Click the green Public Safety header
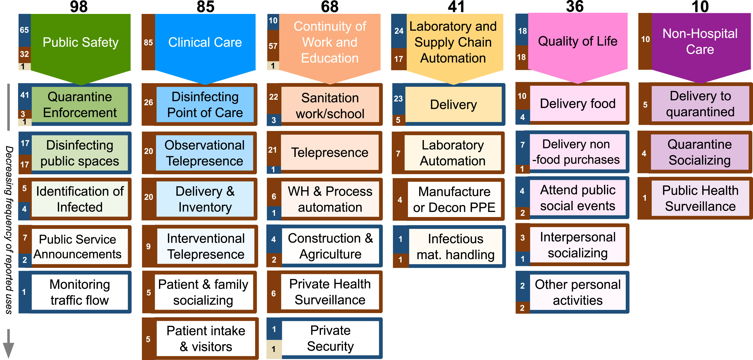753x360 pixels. click(x=80, y=43)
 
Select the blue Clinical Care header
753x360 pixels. click(x=205, y=43)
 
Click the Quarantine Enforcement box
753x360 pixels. click(x=80, y=105)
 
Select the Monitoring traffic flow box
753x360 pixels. click(x=80, y=292)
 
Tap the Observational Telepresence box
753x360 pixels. click(x=204, y=153)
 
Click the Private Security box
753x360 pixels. click(x=330, y=338)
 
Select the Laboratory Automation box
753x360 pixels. click(x=453, y=153)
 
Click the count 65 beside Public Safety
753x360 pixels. click(x=24, y=30)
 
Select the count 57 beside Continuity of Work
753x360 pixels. click(x=273, y=46)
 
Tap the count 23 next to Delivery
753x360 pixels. click(x=398, y=98)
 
